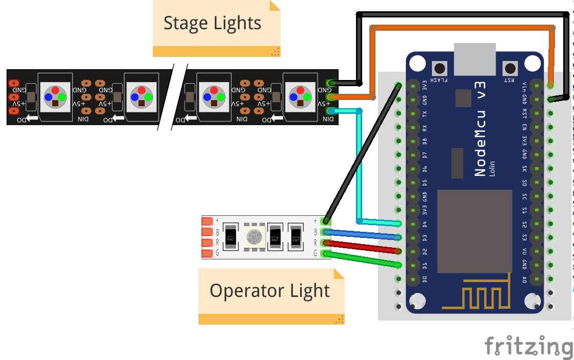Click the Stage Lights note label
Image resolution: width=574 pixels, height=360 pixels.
click(212, 24)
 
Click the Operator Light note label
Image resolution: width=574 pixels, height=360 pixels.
click(270, 291)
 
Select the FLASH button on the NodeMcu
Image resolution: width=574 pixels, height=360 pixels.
click(440, 68)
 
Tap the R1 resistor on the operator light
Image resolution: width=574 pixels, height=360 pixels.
click(230, 237)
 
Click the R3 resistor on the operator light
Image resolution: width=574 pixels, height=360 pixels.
click(295, 237)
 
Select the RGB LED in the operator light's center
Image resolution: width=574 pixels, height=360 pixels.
click(252, 237)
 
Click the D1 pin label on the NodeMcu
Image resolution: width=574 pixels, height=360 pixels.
click(424, 265)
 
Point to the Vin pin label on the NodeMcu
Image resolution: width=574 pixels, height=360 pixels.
click(524, 85)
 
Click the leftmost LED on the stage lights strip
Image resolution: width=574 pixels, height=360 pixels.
click(55, 96)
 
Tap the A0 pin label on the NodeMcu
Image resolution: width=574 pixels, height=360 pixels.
click(524, 279)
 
